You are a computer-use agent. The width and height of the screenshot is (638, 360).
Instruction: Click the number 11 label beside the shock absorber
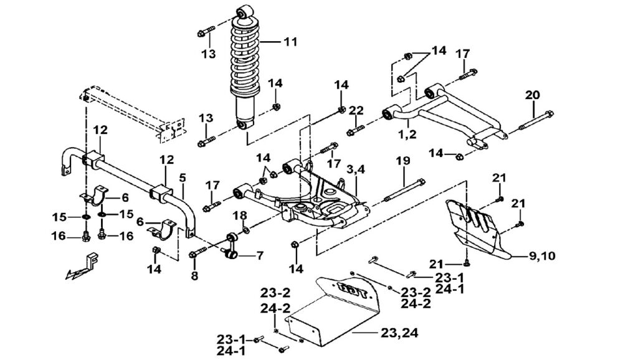[290, 42]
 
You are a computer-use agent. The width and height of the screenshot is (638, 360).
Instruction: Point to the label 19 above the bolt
[403, 161]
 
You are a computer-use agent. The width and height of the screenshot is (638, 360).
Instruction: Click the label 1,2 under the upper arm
[407, 133]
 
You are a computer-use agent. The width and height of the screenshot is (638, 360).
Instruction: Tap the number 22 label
[356, 110]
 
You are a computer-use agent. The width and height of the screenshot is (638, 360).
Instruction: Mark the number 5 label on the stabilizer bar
[183, 178]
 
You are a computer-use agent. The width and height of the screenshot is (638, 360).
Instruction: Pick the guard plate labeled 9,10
[480, 227]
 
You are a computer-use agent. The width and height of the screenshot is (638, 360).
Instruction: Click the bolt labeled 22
[355, 131]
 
